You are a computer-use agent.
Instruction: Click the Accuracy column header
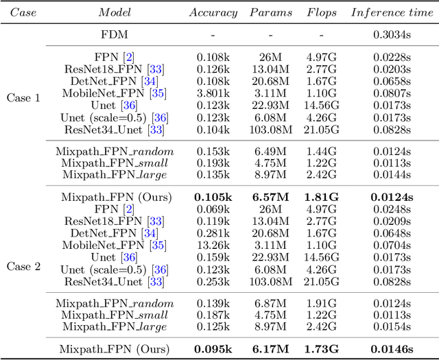213,12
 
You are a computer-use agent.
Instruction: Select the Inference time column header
392,12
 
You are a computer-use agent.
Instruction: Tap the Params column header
270,12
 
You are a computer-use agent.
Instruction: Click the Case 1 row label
23,97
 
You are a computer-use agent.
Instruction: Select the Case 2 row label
23,266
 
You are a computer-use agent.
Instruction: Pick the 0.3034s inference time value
392,34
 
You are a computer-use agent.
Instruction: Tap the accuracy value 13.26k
213,245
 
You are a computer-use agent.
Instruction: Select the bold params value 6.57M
270,198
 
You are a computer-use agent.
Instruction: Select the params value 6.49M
270,151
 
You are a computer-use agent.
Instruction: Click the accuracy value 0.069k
213,209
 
